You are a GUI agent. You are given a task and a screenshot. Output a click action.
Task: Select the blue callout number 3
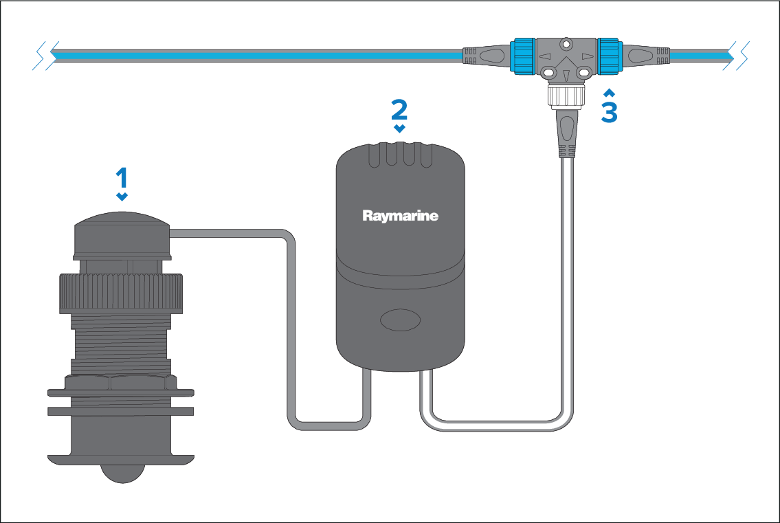[x=609, y=112]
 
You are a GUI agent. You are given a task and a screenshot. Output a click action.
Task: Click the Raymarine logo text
[x=400, y=216]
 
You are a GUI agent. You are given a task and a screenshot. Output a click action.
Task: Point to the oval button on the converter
[x=401, y=320]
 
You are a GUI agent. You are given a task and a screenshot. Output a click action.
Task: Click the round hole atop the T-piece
[x=566, y=44]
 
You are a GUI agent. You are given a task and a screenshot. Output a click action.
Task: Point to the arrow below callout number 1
[x=122, y=197]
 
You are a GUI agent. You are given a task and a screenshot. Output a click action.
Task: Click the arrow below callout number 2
[x=399, y=128]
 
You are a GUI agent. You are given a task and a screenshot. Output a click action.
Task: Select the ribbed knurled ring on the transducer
[x=121, y=293]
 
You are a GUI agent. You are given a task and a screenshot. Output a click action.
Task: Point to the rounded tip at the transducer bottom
[x=121, y=474]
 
